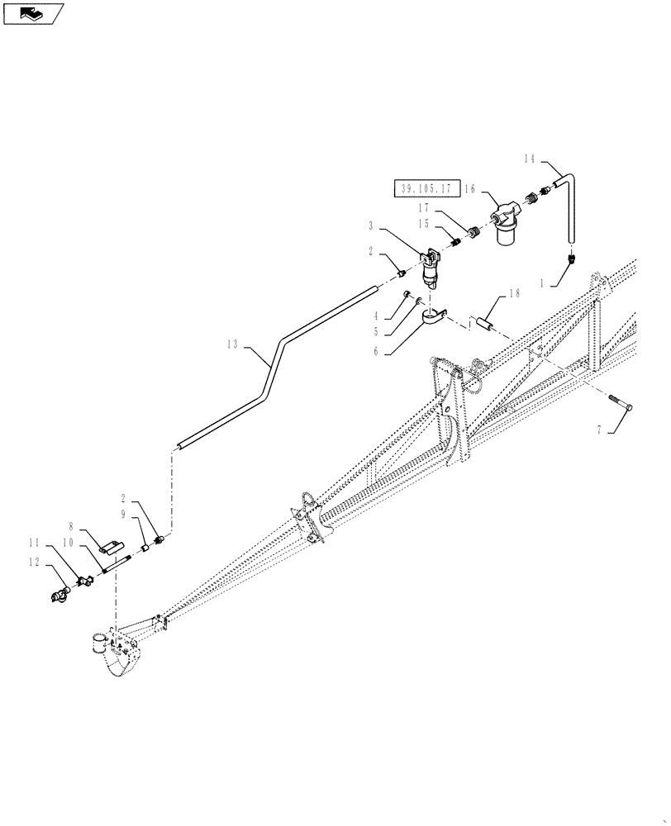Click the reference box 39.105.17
(x=426, y=188)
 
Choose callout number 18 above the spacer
(x=514, y=294)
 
